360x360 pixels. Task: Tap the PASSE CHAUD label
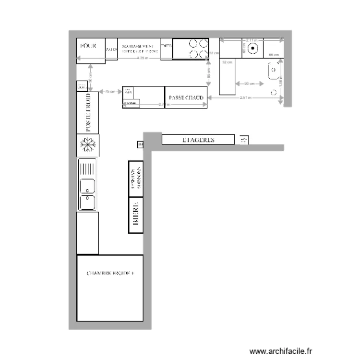click(186, 97)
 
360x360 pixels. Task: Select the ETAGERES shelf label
click(198, 140)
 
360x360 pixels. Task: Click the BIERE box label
click(136, 214)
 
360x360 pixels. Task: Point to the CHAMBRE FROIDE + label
click(110, 274)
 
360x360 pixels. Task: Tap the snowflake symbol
click(88, 145)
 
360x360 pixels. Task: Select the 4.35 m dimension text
click(143, 58)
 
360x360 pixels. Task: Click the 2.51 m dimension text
click(245, 98)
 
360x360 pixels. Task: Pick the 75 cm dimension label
click(109, 91)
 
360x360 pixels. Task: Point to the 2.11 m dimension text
click(252, 40)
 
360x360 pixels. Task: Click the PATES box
click(111, 49)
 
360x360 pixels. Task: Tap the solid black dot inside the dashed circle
click(254, 48)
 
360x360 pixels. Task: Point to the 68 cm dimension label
click(273, 55)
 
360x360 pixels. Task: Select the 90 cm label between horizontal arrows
click(249, 84)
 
